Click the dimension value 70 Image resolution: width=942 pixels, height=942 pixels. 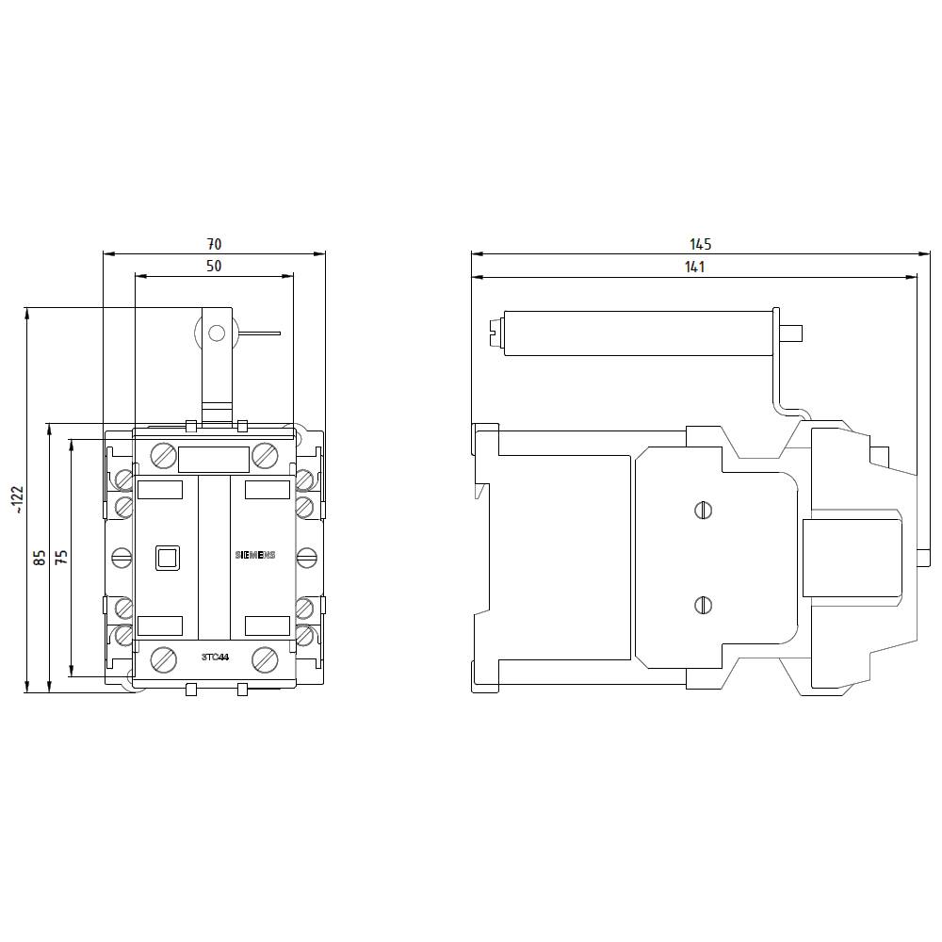(x=214, y=244)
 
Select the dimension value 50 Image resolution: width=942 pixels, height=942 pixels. (x=214, y=267)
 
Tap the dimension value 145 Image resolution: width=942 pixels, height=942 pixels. (x=701, y=244)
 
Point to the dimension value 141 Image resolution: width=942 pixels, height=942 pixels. (x=694, y=268)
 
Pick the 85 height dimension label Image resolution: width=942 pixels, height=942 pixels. (x=40, y=558)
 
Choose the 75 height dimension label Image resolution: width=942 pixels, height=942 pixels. (x=61, y=558)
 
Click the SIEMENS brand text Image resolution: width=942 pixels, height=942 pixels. (x=254, y=557)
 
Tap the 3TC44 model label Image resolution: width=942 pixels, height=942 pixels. (x=216, y=657)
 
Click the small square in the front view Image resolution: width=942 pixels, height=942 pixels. (x=167, y=558)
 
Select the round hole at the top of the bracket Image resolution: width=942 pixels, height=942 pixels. (x=216, y=332)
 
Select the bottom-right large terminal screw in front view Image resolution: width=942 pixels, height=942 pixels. (x=264, y=658)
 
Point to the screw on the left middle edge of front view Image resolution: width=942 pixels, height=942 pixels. (x=121, y=558)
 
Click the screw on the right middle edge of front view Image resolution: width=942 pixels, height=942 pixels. (x=306, y=558)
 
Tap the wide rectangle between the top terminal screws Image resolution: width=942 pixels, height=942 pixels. (x=214, y=459)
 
